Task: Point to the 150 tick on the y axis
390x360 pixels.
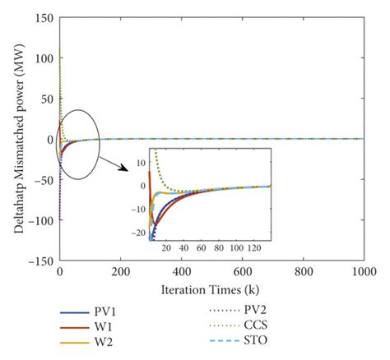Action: tap(44, 18)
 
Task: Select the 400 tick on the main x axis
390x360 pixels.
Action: tap(180, 271)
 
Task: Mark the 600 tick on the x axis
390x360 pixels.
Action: tap(241, 271)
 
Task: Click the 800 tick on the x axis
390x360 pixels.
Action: tap(301, 271)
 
